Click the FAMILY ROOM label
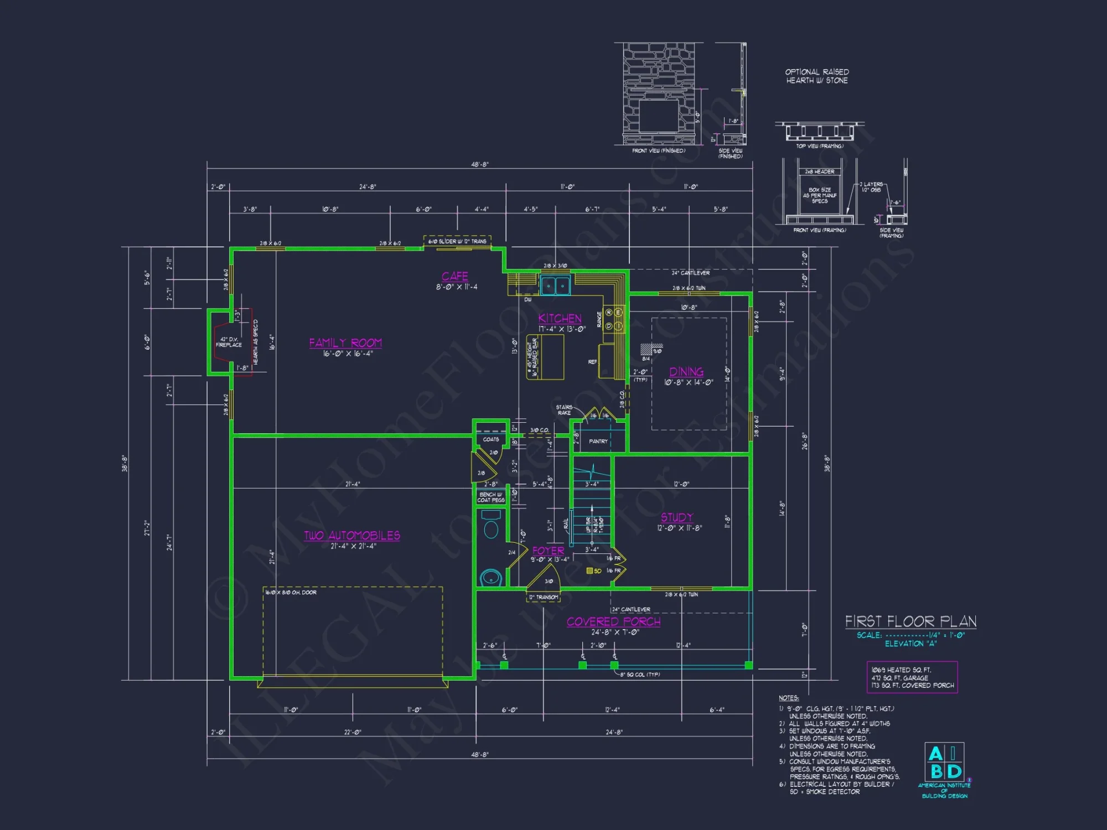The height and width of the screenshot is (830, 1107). tap(345, 343)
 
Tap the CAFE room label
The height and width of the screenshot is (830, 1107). tap(454, 276)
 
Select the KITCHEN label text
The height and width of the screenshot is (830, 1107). tap(560, 319)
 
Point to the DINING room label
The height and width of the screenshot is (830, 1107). tap(686, 372)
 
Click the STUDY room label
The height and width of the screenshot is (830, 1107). tap(676, 517)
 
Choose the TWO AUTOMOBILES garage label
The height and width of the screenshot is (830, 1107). tap(352, 536)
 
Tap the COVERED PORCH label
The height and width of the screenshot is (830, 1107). tap(613, 622)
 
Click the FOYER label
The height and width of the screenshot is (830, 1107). tap(548, 551)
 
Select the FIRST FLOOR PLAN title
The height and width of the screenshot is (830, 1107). tap(911, 621)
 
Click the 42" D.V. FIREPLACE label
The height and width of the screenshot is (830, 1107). tap(229, 342)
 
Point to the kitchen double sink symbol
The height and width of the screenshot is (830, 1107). tap(555, 286)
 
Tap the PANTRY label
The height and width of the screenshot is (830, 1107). tap(598, 442)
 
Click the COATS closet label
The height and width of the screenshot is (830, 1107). tap(490, 439)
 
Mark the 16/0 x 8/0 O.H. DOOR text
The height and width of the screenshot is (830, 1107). tap(291, 593)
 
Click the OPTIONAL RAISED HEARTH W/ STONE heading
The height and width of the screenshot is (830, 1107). tap(817, 76)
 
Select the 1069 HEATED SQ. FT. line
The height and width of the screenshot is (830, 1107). tap(901, 670)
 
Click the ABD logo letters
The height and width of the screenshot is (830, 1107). tap(945, 762)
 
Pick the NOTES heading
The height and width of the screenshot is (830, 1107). tap(788, 698)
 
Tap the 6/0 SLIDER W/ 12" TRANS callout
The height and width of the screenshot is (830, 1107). tap(457, 241)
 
